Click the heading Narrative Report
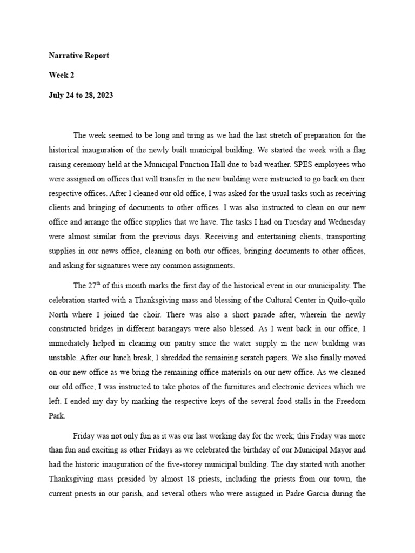tap(79, 56)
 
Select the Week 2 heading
tap(62, 75)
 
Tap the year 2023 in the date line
tap(103, 95)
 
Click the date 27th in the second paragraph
tap(95, 286)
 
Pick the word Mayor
tap(333, 449)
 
